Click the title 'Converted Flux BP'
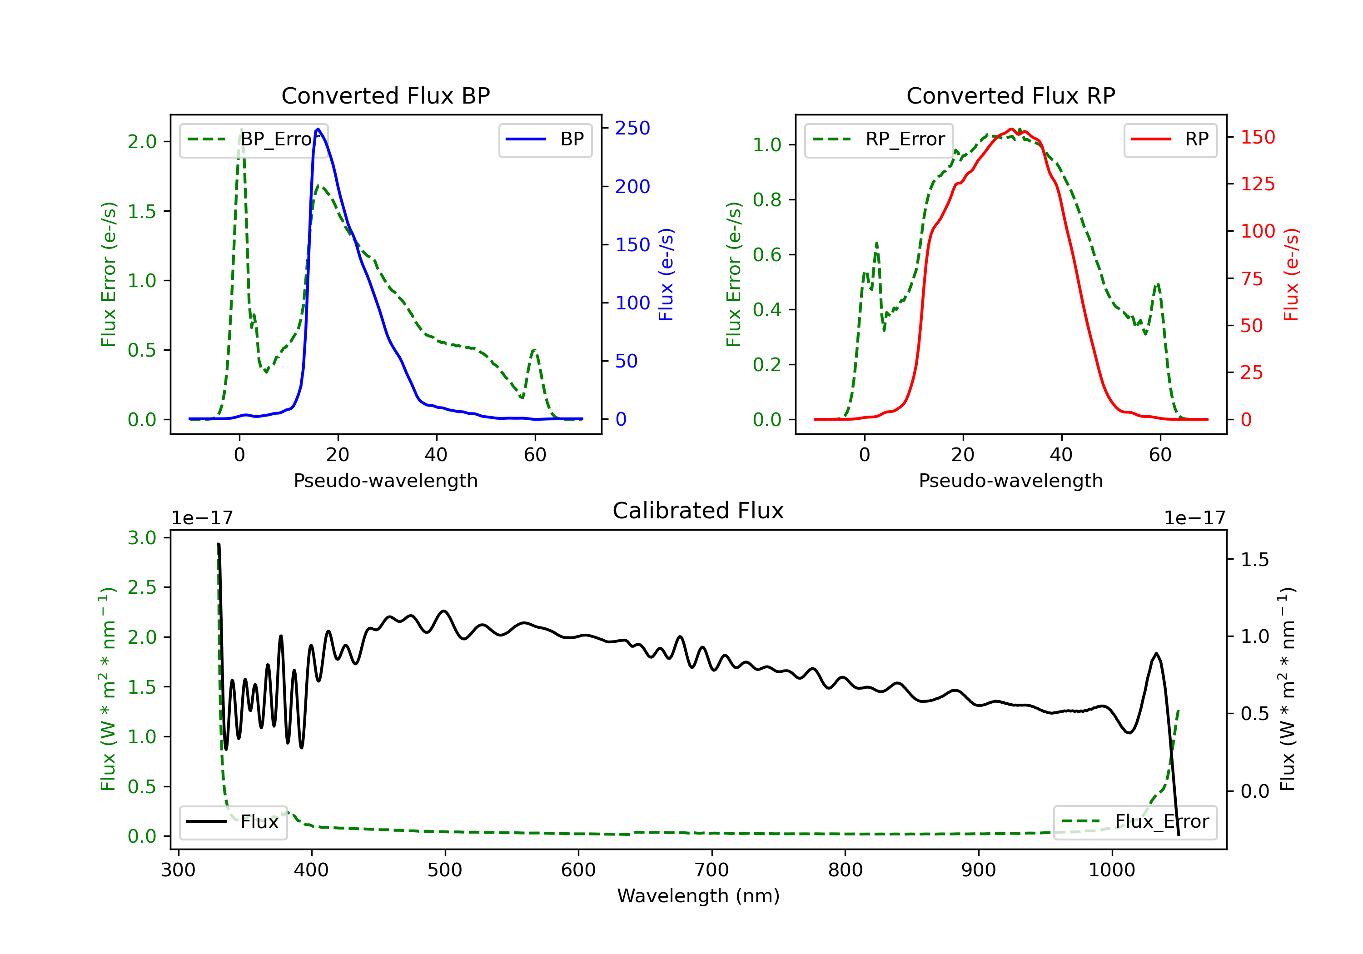(385, 95)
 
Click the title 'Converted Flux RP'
(1010, 95)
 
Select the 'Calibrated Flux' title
(698, 511)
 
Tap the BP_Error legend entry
(254, 139)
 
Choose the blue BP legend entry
(545, 139)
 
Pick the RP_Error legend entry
(879, 139)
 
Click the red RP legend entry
(1170, 139)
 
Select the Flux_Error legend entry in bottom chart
(1135, 822)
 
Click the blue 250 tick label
(632, 128)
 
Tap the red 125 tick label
(1257, 184)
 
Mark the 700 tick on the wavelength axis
(711, 870)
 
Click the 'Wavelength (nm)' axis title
(698, 896)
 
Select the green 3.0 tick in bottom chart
(142, 538)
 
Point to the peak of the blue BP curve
(318, 129)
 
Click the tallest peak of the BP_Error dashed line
(241, 129)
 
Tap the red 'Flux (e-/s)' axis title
(1291, 274)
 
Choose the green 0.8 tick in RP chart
(767, 200)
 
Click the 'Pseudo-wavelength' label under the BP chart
(386, 480)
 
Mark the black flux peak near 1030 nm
(1156, 654)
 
